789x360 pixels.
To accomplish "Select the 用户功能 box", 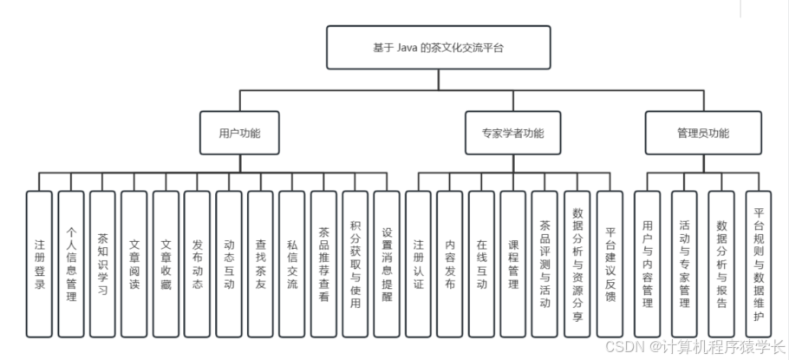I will pyautogui.click(x=239, y=134).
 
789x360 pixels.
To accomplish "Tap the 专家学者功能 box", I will pyautogui.click(x=513, y=134).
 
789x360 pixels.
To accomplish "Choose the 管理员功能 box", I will pyautogui.click(x=702, y=134).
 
